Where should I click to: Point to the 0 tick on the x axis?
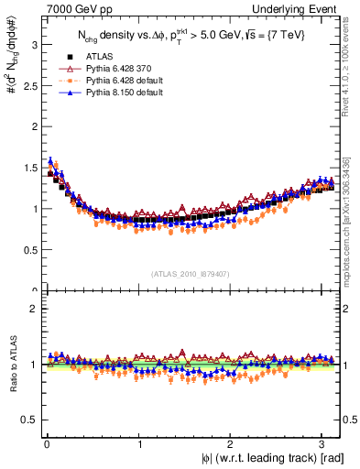(47, 444)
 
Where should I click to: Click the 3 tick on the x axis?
(322, 444)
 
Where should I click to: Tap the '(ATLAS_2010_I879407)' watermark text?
(191, 272)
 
